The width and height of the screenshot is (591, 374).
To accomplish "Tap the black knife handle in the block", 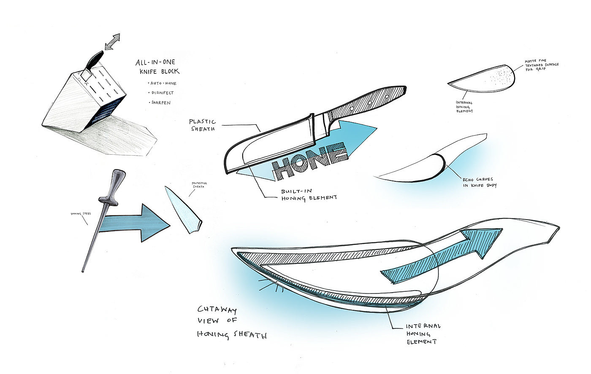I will (94, 59).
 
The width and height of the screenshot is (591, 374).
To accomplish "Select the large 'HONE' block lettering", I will (310, 159).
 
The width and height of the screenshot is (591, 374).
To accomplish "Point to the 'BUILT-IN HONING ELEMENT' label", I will (308, 194).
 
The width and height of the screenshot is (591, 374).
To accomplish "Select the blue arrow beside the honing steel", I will (135, 222).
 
